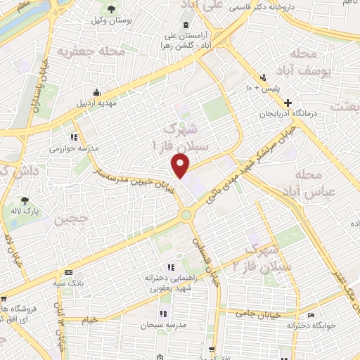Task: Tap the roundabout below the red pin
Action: pyautogui.click(x=187, y=215)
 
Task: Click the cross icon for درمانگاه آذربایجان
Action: pyautogui.click(x=307, y=103)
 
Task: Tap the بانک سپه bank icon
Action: pyautogui.click(x=67, y=272)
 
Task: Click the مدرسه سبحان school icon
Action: pyautogui.click(x=162, y=314)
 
